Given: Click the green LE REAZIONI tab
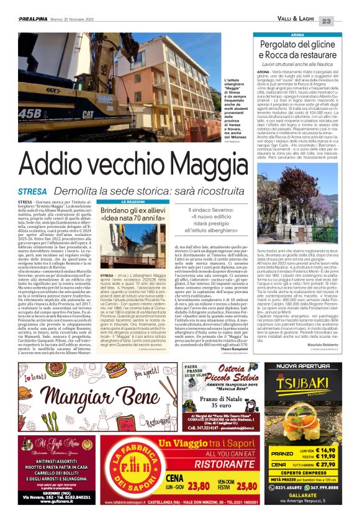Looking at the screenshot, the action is pyautogui.click(x=132, y=202).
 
